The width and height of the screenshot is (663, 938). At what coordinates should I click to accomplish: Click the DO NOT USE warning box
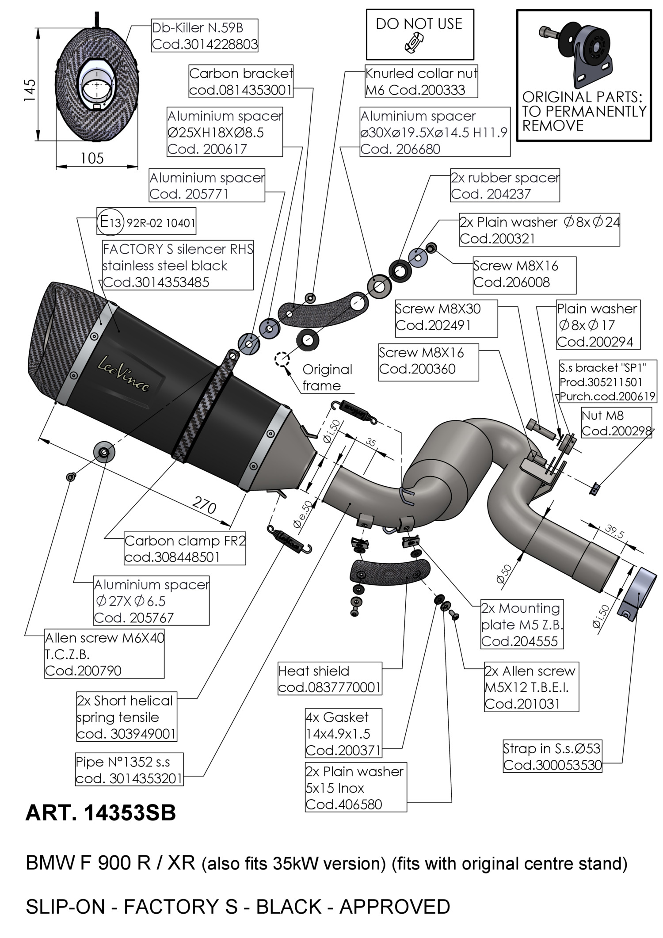click(419, 34)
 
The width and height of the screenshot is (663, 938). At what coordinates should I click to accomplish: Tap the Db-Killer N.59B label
click(205, 36)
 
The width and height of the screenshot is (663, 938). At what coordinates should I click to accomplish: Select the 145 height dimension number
click(30, 91)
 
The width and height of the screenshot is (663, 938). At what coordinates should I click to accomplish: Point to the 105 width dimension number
click(92, 158)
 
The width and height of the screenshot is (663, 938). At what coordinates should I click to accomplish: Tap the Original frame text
click(328, 377)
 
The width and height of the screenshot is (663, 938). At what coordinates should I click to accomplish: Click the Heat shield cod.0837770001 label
click(330, 679)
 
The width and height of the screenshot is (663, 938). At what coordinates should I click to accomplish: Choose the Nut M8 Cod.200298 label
click(617, 423)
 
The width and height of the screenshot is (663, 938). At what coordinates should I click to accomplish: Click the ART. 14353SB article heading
click(101, 813)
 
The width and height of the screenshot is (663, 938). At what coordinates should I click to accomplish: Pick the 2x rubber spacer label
click(505, 185)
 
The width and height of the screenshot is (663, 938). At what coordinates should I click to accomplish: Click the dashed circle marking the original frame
click(282, 359)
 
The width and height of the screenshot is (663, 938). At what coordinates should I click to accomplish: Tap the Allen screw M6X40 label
click(104, 654)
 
